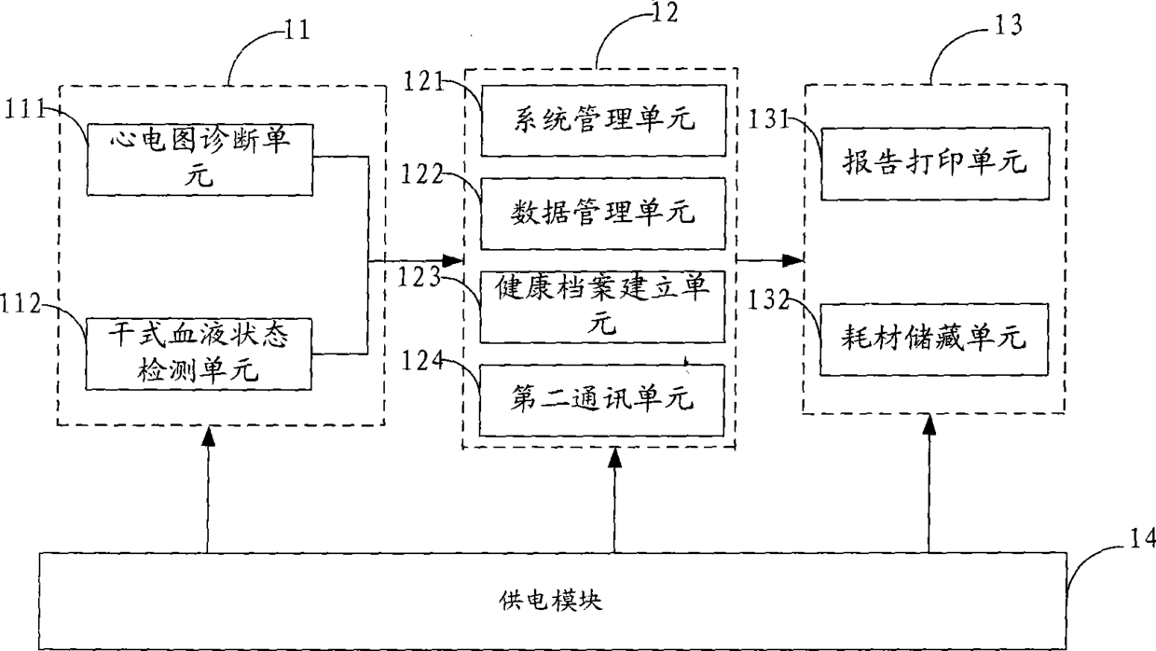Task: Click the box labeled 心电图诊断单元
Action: click(200, 159)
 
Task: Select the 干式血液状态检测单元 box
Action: click(199, 354)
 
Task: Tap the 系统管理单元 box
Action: click(604, 120)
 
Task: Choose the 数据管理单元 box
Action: click(603, 214)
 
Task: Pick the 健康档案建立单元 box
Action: click(603, 307)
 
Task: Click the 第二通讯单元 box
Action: click(601, 400)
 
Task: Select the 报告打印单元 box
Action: click(935, 163)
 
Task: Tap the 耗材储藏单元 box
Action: click(934, 339)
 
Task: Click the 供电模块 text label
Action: click(551, 601)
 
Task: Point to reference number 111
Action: click(25, 109)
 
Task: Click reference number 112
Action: click(21, 303)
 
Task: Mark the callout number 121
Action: click(423, 81)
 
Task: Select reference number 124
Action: click(422, 361)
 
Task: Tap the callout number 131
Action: click(769, 119)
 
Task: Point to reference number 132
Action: click(768, 300)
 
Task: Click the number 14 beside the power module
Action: click(1143, 539)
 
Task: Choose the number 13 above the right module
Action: click(1008, 25)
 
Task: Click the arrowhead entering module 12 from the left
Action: click(453, 261)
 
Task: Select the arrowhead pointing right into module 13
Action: click(792, 261)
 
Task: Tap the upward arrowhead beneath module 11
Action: click(209, 436)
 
